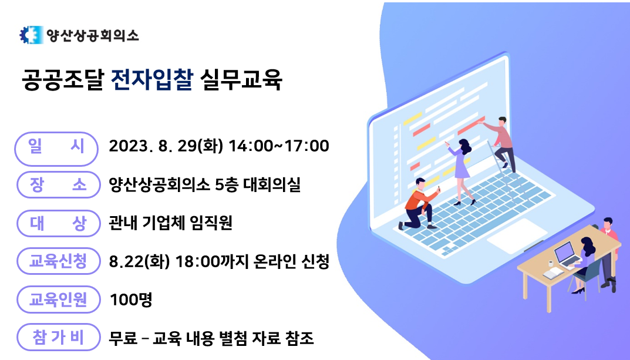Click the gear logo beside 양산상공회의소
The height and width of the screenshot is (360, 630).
(31, 35)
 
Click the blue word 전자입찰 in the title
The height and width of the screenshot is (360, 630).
(152, 79)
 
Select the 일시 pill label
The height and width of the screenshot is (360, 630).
(56, 149)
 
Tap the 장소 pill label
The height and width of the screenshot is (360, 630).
(58, 185)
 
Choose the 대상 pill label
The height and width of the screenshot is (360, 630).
(58, 223)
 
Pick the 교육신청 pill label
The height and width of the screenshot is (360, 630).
(58, 261)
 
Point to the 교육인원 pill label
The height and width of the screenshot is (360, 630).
(58, 300)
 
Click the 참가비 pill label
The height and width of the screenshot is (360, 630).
(58, 337)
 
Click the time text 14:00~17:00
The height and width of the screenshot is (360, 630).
(279, 146)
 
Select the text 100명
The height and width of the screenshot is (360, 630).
(131, 300)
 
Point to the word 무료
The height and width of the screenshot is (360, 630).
(123, 338)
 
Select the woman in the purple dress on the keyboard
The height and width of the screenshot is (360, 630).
(461, 171)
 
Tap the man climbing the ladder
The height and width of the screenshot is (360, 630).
(501, 142)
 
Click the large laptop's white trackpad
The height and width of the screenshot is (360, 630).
(517, 236)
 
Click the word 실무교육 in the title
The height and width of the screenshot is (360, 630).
(241, 79)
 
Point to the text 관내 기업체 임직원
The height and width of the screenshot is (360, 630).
(170, 223)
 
